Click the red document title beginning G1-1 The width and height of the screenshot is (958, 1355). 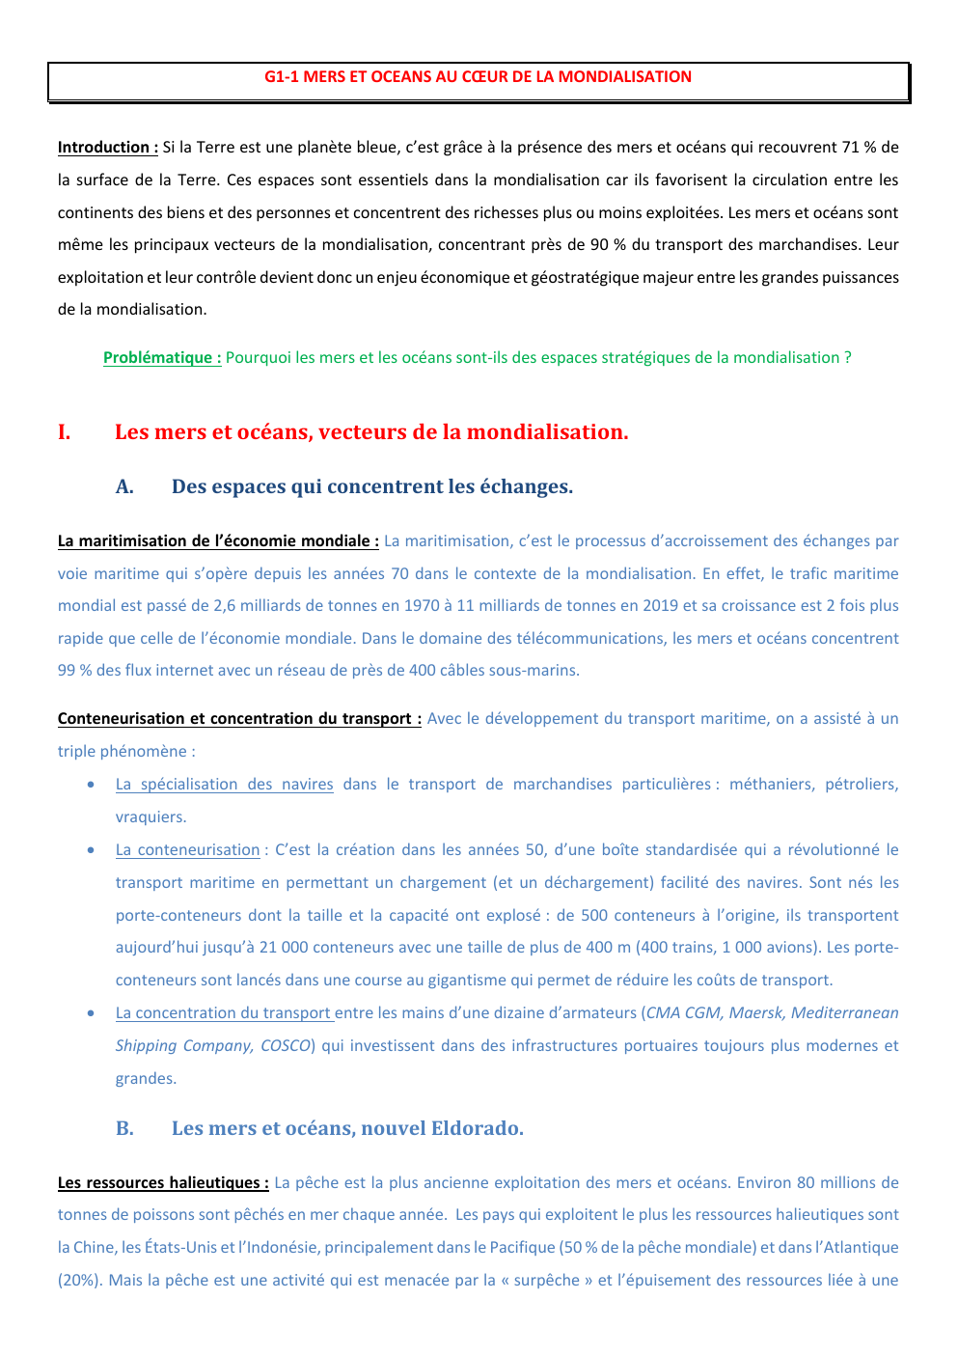coord(478,77)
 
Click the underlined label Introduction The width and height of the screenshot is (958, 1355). coord(107,148)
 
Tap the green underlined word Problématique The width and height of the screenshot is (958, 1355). coord(161,358)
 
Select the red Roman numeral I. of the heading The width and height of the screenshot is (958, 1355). coord(64,432)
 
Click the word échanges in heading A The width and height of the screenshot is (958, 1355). coord(529,487)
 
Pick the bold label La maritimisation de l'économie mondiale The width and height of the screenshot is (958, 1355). coord(217,541)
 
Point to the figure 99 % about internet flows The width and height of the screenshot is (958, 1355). coord(74,671)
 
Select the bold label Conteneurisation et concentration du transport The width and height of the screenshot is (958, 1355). coord(238,719)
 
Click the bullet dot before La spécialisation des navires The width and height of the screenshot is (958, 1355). coord(91,785)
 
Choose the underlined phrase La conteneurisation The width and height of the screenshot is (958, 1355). coord(187,850)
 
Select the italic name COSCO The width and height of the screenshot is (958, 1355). coord(286,1046)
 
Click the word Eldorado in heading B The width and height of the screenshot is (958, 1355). coord(477,1129)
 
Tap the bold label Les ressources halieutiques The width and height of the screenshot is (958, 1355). coord(162,1183)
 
